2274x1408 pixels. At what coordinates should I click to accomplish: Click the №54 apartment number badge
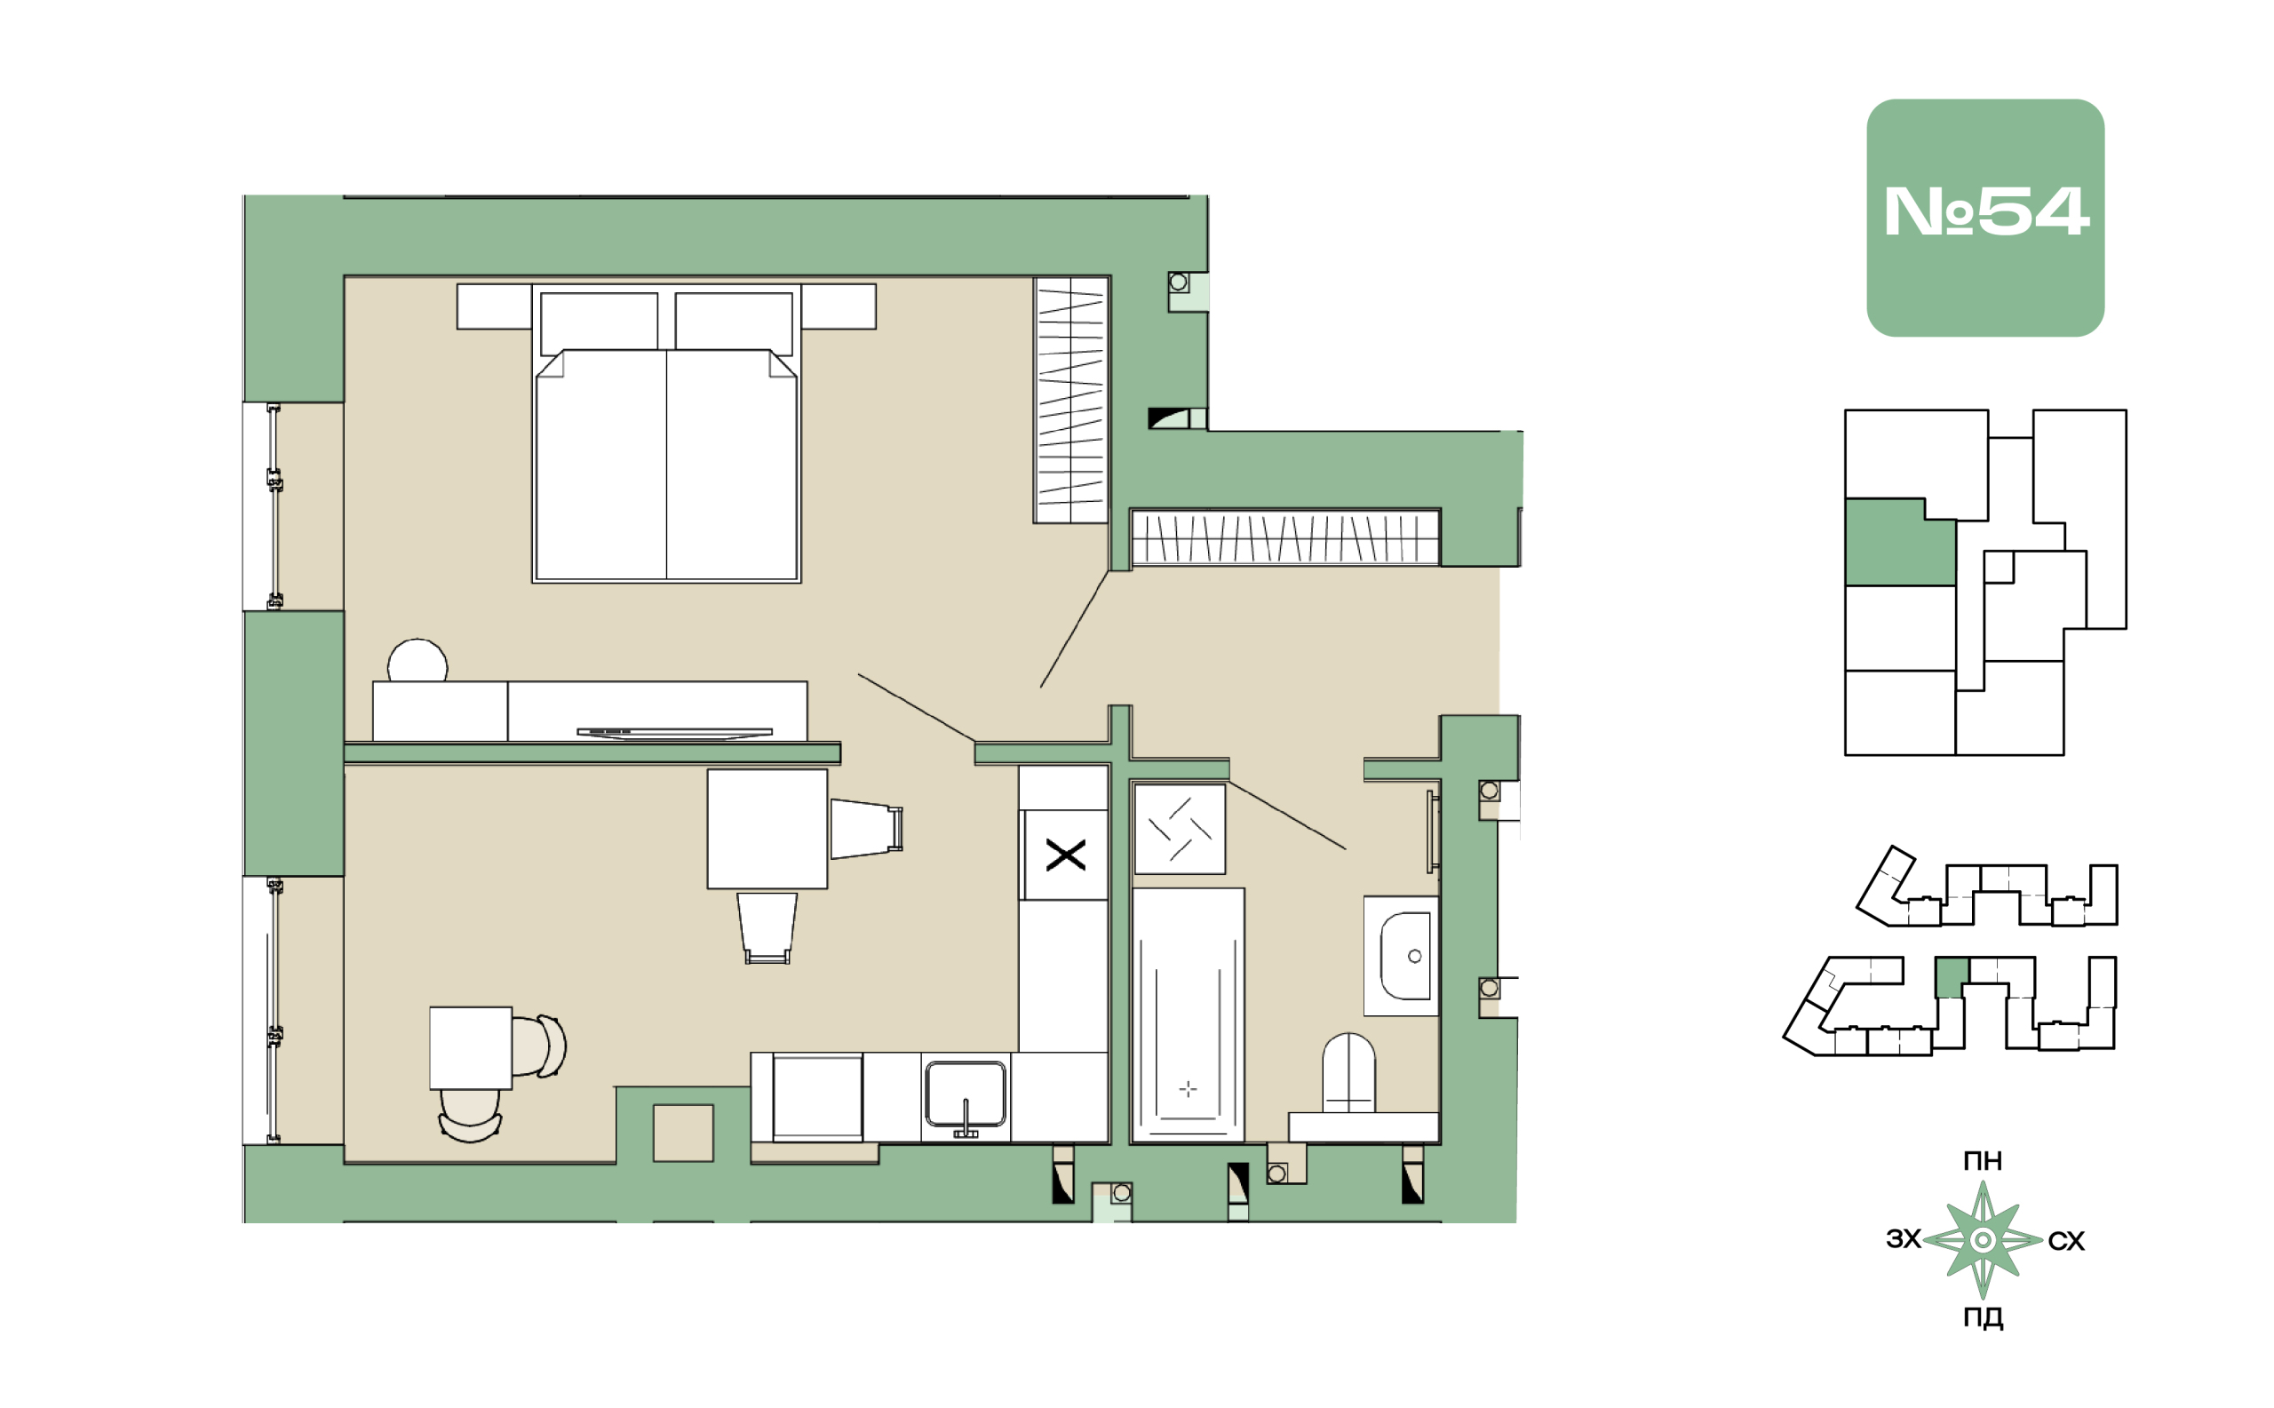(1984, 218)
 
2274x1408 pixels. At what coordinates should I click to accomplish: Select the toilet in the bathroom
(1348, 1072)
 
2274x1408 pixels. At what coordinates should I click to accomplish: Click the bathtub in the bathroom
(1188, 1014)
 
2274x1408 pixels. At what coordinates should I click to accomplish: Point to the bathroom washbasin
(1401, 956)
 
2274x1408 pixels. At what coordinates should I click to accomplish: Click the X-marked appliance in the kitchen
(1064, 854)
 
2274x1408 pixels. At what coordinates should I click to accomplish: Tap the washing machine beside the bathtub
(1179, 829)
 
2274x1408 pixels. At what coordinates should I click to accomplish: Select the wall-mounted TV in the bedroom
(674, 733)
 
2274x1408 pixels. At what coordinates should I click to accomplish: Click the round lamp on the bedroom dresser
(417, 660)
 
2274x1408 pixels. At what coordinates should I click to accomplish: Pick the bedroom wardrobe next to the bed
(1071, 400)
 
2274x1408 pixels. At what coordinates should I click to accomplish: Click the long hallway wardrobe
(1285, 537)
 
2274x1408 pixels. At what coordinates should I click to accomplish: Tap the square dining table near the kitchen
(767, 828)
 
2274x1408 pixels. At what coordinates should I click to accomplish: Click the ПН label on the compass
(1983, 1160)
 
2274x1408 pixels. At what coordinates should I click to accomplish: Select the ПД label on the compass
(1983, 1317)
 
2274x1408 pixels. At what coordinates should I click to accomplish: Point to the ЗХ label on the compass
(1904, 1238)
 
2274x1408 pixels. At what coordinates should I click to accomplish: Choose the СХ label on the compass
(2066, 1240)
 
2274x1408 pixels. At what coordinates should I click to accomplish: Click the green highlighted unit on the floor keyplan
(1899, 542)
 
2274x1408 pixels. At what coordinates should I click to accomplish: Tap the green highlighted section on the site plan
(1952, 977)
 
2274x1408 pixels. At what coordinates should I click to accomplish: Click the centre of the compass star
(1983, 1239)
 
